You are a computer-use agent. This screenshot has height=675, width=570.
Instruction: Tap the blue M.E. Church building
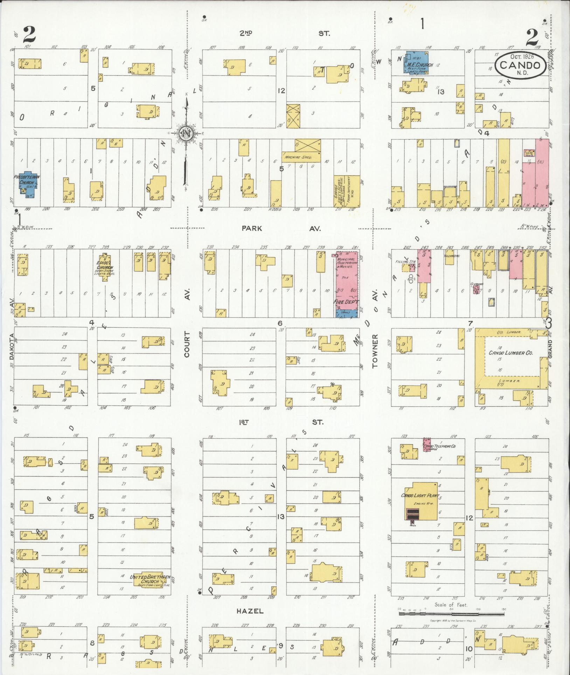417,63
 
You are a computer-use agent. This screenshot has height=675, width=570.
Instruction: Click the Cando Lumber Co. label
510,353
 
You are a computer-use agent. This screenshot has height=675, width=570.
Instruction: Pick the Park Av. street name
282,228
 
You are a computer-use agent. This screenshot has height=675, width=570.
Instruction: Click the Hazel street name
250,611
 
